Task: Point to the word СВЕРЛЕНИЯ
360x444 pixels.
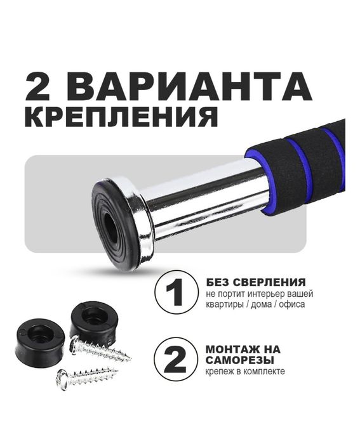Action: coord(271,282)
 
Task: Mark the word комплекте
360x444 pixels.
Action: coord(262,371)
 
